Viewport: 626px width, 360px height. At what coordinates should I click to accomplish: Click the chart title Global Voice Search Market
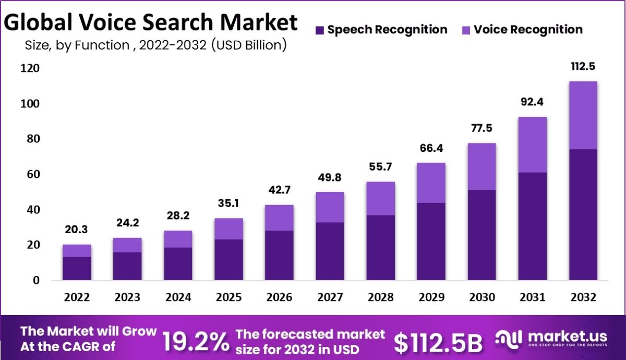pos(151,22)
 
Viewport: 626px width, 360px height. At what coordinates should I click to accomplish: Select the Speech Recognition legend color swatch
pos(320,30)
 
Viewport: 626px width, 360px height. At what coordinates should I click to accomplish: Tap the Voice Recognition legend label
pos(528,29)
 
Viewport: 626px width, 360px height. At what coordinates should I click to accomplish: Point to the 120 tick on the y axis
pos(30,68)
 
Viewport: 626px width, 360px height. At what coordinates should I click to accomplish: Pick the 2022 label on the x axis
pos(77,297)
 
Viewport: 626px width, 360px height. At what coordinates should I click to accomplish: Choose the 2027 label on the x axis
pos(330,297)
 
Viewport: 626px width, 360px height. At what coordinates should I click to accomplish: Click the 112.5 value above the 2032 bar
pos(583,66)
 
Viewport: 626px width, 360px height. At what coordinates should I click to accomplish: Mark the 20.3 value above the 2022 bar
pos(77,230)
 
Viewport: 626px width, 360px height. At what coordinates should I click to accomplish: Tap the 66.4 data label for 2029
pos(431,148)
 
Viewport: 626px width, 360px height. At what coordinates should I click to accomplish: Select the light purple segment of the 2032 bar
pos(583,115)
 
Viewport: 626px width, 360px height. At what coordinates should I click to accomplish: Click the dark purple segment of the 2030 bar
pos(481,235)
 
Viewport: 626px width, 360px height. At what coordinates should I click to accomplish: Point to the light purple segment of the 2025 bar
pos(228,229)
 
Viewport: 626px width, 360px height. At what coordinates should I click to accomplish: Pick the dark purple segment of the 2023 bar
pos(127,267)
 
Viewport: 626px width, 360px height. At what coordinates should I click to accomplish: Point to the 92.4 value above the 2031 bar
pos(532,102)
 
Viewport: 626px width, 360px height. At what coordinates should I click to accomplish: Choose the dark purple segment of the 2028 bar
pos(380,248)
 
